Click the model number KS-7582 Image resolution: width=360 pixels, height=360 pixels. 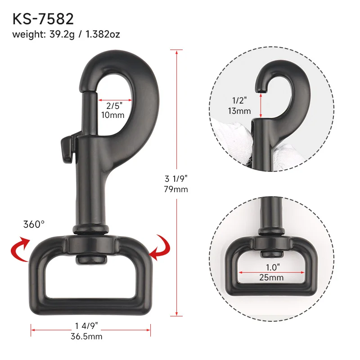[43, 18]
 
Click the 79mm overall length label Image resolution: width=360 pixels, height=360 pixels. [176, 189]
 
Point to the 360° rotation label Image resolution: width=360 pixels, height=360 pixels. [35, 224]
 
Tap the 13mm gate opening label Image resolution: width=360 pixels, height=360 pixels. [239, 111]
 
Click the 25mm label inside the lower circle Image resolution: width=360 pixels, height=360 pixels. [271, 278]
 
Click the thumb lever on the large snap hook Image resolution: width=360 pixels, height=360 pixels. [67, 147]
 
